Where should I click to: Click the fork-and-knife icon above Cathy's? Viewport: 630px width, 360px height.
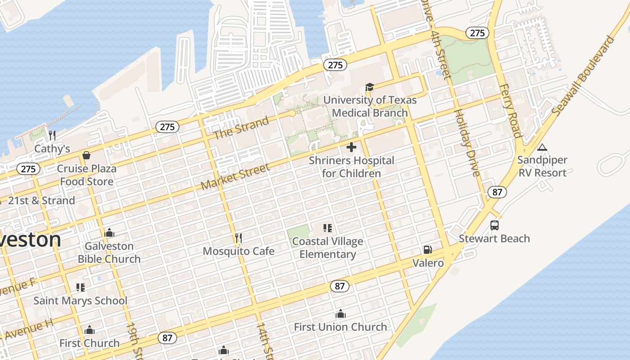pyautogui.click(x=52, y=135)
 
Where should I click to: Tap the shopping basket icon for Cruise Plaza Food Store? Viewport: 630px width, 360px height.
pyautogui.click(x=86, y=155)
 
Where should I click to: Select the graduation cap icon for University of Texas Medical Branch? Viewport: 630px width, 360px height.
pyautogui.click(x=369, y=87)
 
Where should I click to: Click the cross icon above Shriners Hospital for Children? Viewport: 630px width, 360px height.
pyautogui.click(x=351, y=147)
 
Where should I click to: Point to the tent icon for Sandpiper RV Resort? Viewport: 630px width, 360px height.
pyautogui.click(x=542, y=147)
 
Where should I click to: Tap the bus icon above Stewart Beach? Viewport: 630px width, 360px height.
pyautogui.click(x=495, y=225)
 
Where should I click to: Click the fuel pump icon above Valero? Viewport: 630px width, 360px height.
pyautogui.click(x=428, y=250)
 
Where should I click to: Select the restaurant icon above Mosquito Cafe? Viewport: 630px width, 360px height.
pyautogui.click(x=238, y=238)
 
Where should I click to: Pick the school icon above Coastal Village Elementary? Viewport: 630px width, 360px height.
pyautogui.click(x=328, y=228)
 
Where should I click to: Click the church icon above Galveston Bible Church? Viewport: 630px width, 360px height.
pyautogui.click(x=109, y=233)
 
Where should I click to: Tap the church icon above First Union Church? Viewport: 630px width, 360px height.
pyautogui.click(x=341, y=314)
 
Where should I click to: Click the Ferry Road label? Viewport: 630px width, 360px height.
pyautogui.click(x=510, y=111)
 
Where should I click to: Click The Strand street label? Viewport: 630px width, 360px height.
pyautogui.click(x=241, y=127)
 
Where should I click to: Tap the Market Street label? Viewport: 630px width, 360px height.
pyautogui.click(x=235, y=176)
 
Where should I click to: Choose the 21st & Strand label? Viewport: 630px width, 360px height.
pyautogui.click(x=41, y=201)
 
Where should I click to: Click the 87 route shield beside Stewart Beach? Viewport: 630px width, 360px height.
pyautogui.click(x=497, y=192)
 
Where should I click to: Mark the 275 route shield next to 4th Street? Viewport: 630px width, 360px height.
pyautogui.click(x=477, y=33)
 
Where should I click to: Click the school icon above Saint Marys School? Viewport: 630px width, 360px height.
pyautogui.click(x=81, y=288)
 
